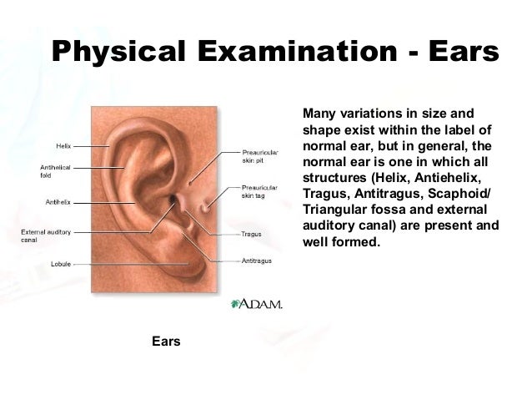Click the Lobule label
pyautogui.click(x=61, y=264)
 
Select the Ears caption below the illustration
pyautogui.click(x=166, y=342)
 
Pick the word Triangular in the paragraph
pyautogui.click(x=334, y=210)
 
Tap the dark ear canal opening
pyautogui.click(x=172, y=202)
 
